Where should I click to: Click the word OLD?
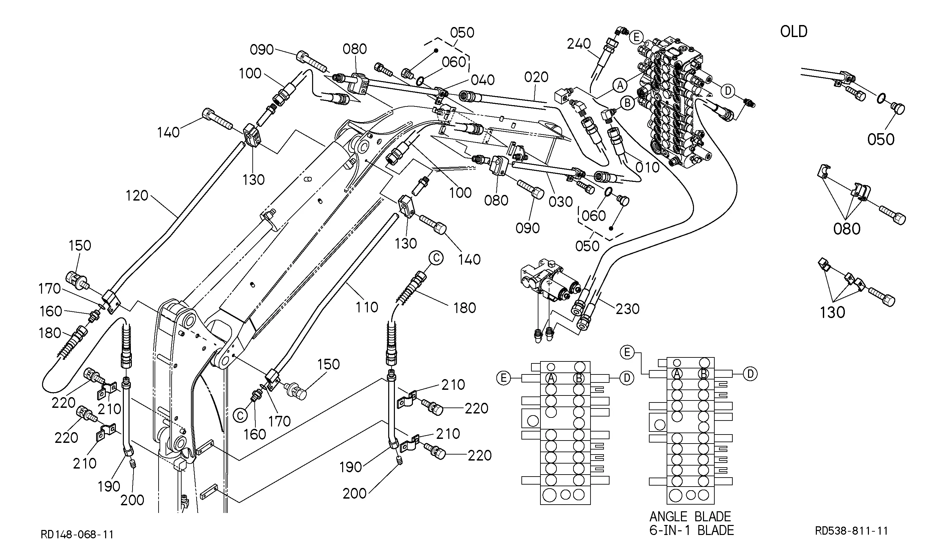tap(793, 31)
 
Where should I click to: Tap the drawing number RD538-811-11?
tap(851, 531)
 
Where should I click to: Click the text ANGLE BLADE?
tap(690, 517)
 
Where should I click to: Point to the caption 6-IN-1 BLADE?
tap(691, 530)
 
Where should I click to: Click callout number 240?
tap(579, 44)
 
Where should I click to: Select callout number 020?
tap(536, 77)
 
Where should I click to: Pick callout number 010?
tap(648, 168)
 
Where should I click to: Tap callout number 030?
tap(561, 202)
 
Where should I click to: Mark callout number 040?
tap(483, 80)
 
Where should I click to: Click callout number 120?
tap(137, 196)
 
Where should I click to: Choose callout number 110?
tap(367, 307)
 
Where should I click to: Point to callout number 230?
tap(628, 309)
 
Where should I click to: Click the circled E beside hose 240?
tap(636, 37)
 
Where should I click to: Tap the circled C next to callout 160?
tap(240, 415)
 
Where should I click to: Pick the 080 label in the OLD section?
tap(847, 229)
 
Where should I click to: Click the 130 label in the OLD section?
tap(833, 312)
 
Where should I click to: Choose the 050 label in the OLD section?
tap(881, 140)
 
